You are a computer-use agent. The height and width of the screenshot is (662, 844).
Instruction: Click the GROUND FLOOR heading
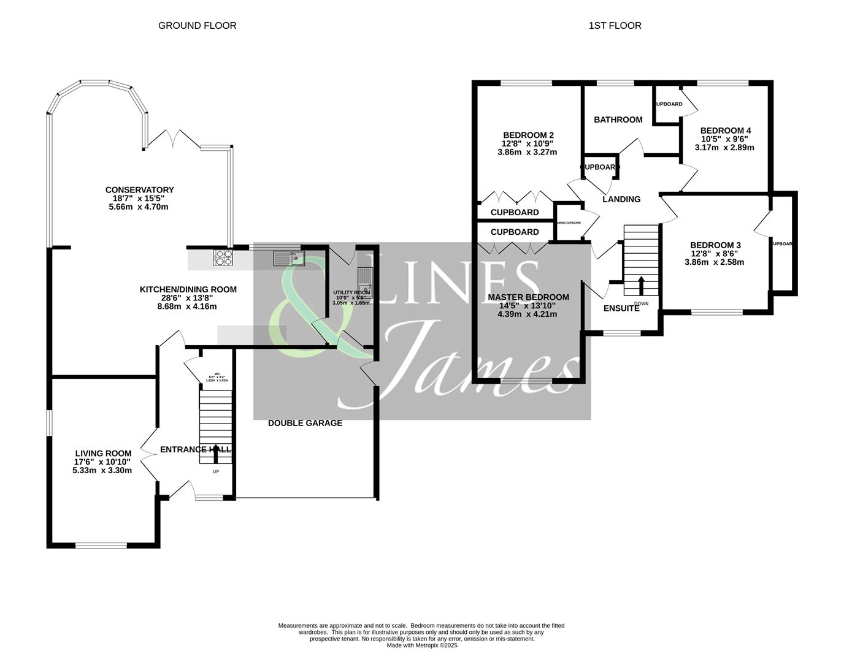pos(197,26)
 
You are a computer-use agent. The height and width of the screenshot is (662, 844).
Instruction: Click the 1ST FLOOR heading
pos(615,26)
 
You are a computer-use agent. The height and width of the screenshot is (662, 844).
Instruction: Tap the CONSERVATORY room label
pos(139,190)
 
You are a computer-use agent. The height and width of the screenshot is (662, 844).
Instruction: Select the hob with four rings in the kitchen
pos(223,258)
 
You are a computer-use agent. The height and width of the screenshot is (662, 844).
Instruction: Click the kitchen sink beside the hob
pos(289,258)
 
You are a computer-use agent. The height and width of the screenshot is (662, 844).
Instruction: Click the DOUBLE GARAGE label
pos(305,423)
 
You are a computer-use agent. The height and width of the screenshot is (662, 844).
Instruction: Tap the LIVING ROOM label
pos(103,454)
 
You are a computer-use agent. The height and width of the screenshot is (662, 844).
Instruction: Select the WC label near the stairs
pos(217,373)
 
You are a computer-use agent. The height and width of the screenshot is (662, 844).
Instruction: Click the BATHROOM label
pos(618,120)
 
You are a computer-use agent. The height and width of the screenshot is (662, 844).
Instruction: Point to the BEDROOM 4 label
pos(725,131)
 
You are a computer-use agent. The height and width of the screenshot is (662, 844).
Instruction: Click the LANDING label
pos(621,199)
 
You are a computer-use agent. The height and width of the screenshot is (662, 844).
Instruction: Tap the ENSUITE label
pos(621,308)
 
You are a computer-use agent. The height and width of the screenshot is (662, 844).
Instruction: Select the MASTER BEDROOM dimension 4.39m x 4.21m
pos(527,314)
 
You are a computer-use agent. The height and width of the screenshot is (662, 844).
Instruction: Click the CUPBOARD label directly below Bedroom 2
pos(515,213)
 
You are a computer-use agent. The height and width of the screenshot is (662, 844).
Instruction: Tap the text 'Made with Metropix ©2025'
pos(422,645)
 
